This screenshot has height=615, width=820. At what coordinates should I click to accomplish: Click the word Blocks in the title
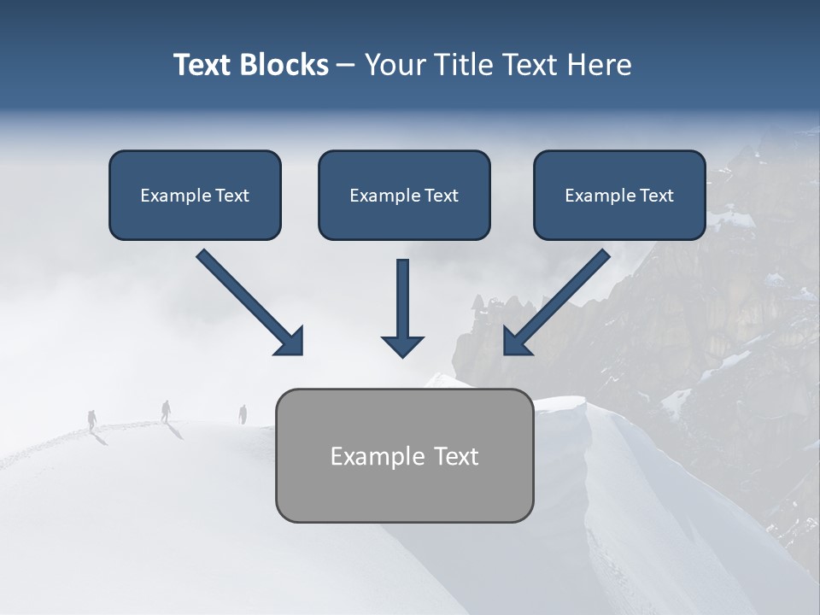coord(284,65)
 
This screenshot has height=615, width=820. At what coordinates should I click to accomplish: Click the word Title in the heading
coord(464,65)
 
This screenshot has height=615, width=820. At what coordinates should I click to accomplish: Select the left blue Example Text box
coord(195,195)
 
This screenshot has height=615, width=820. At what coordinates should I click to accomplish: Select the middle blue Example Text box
coord(404,195)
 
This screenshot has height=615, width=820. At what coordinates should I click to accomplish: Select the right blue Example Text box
coord(619,195)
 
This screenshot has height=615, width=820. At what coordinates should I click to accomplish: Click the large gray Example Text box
coord(404,455)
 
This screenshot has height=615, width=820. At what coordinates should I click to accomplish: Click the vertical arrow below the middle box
coord(402,303)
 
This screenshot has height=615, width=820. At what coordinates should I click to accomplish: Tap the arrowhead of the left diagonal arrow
coord(290,341)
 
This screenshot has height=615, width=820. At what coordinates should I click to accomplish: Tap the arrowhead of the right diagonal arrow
coord(517,341)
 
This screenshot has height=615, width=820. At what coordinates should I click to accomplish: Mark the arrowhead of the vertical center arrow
coord(402,345)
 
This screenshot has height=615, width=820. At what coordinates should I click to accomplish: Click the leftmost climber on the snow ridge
coord(92,419)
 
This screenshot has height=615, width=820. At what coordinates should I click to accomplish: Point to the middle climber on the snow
coord(166,411)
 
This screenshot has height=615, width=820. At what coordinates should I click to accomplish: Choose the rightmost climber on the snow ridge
coord(243,414)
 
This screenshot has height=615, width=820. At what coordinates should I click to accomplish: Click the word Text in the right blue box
coord(656,195)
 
